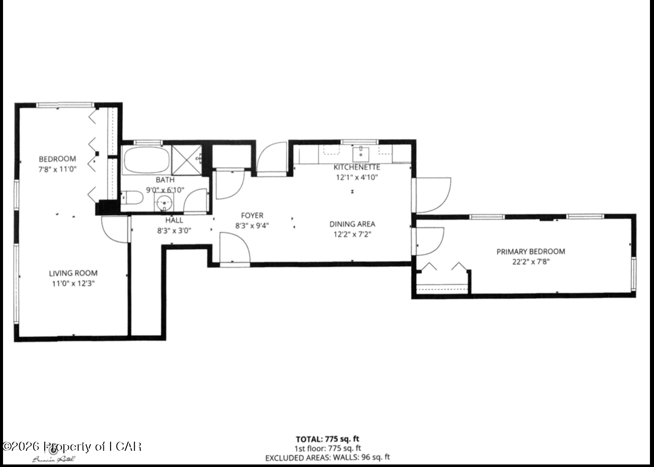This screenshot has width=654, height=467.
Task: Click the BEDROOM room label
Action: [57, 159]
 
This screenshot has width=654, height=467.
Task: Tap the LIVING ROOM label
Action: [74, 273]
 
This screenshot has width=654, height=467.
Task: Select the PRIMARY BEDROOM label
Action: [530, 251]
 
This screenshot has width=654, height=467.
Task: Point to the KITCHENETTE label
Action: [356, 167]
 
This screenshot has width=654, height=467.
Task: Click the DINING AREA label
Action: [352, 224]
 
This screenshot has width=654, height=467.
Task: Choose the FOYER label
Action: [252, 216]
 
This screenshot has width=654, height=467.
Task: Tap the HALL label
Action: [174, 220]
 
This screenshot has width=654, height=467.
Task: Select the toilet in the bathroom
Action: [131, 197]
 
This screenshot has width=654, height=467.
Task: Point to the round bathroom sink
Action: [164, 203]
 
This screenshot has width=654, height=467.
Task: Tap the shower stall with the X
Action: [186, 160]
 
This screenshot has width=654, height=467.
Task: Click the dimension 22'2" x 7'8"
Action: [530, 261]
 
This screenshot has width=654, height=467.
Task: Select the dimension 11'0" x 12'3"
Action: [74, 283]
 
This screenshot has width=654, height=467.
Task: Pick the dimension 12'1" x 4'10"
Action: [356, 177]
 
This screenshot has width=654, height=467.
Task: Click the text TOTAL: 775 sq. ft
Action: [328, 439]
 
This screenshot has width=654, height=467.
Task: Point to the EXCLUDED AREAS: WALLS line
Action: [328, 457]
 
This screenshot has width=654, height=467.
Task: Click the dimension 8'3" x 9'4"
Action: [252, 226]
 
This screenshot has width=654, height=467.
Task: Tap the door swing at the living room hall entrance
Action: [116, 230]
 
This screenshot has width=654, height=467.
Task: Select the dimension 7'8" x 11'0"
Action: [57, 169]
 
